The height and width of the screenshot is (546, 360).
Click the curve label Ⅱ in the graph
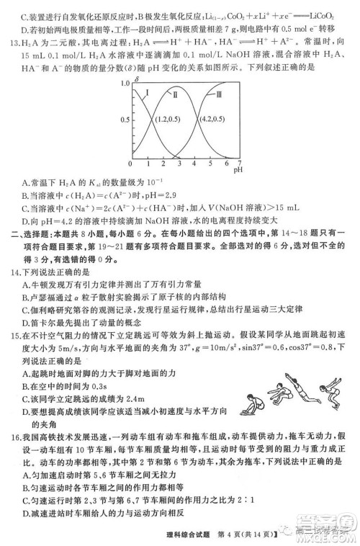coord(174,94)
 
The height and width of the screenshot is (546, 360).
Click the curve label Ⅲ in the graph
coord(220,94)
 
